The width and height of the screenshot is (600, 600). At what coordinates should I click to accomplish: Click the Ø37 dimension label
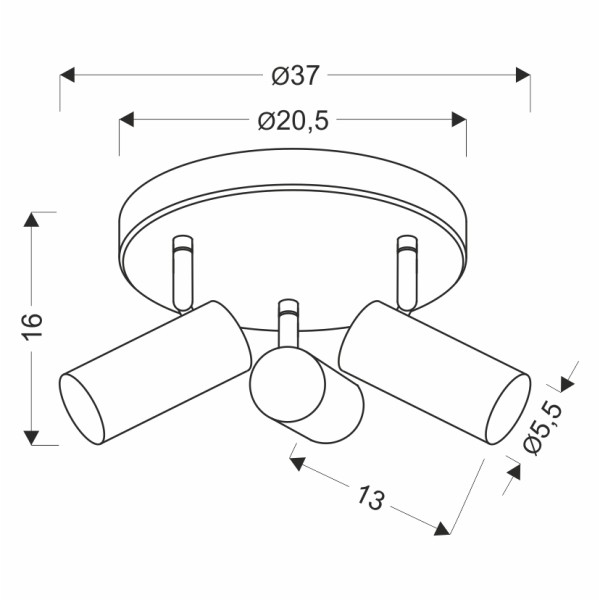point(295,75)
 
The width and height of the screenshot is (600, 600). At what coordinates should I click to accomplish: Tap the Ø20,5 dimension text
point(293,121)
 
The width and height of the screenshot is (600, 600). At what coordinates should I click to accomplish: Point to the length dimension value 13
point(370,497)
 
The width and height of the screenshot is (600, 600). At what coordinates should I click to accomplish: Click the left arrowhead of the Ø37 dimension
point(68,75)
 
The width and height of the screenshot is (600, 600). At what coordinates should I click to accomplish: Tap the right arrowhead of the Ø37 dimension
point(522,75)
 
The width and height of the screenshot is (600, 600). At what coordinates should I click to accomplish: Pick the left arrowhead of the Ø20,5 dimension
point(127,121)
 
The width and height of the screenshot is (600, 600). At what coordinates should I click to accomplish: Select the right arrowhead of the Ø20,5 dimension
point(459,121)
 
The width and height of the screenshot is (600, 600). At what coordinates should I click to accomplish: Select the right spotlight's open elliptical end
point(506,410)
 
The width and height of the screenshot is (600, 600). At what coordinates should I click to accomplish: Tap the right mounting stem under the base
point(405,270)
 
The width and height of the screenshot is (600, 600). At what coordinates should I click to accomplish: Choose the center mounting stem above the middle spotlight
point(289,322)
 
